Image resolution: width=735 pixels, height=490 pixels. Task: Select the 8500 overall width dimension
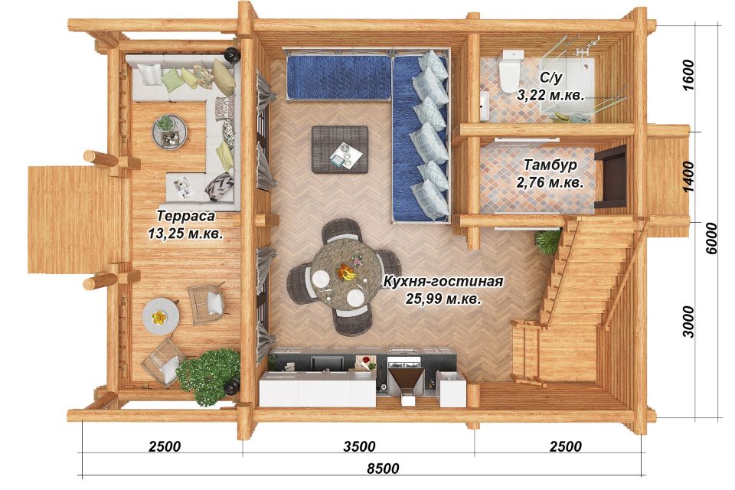(383, 468)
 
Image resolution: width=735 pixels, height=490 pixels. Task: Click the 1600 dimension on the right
(688, 76)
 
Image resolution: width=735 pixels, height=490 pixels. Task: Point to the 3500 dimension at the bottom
(359, 446)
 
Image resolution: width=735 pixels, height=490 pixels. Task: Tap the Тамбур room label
(550, 165)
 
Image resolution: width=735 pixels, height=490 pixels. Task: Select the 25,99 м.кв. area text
(443, 299)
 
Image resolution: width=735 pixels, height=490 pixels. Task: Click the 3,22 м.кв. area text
(550, 95)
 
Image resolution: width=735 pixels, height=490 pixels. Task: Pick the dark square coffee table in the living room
(340, 149)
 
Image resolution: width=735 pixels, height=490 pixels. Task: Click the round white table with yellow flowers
(160, 316)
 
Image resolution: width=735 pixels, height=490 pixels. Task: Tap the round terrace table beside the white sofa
(170, 132)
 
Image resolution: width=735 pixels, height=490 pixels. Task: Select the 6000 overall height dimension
(711, 238)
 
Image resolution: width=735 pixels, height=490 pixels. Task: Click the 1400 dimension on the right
(688, 177)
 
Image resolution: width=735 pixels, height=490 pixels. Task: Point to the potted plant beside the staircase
(547, 241)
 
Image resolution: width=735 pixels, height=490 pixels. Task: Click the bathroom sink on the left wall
(484, 106)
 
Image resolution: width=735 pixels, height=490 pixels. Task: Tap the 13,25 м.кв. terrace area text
(185, 234)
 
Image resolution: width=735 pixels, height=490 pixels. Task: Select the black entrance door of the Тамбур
(611, 176)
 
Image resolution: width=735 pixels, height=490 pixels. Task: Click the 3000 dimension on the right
(688, 322)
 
